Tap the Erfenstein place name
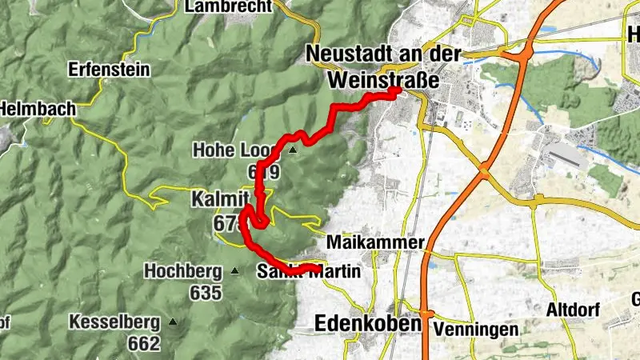(110, 70)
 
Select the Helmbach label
(37, 108)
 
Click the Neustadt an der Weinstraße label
(384, 66)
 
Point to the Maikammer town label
(374, 242)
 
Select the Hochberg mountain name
(183, 271)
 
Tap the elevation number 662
(144, 344)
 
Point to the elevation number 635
(206, 293)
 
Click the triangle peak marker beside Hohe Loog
(294, 150)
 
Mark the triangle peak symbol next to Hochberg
(234, 271)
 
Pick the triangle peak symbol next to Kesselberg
(172, 322)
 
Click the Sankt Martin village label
(310, 272)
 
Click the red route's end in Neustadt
(396, 91)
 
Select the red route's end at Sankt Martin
(313, 267)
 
